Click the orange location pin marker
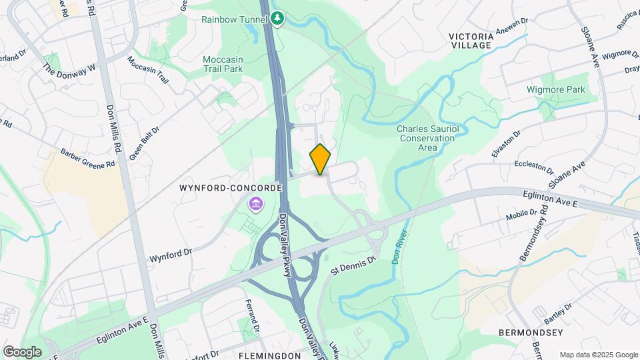click(x=321, y=159)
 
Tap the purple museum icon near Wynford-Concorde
click(x=254, y=204)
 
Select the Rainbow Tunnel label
click(x=235, y=19)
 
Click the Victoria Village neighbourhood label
click(x=470, y=40)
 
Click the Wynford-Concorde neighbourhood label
click(x=231, y=189)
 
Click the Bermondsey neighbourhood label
click(x=531, y=332)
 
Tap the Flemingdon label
click(x=270, y=355)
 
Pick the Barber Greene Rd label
click(x=88, y=159)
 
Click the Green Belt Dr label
click(x=144, y=144)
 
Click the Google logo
click(x=22, y=351)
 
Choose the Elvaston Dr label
click(x=505, y=144)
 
